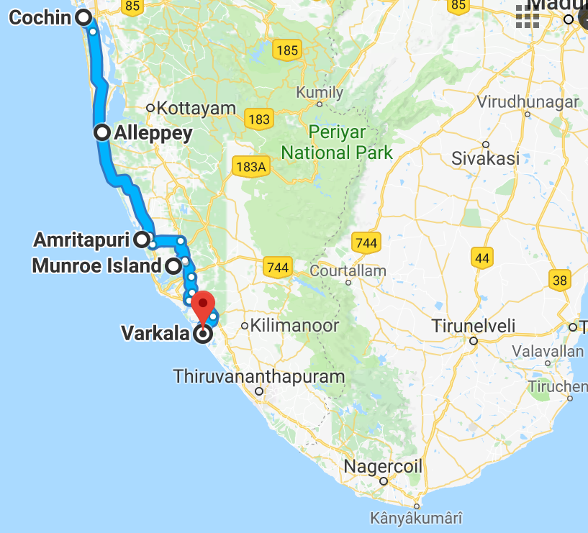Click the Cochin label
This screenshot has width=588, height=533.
tap(40, 17)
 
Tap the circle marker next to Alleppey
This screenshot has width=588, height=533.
tap(102, 132)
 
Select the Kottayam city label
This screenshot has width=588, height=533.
tap(196, 109)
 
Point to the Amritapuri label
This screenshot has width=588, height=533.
tap(84, 239)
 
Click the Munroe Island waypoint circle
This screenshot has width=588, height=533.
tap(173, 266)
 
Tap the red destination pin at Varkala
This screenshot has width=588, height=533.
tap(205, 306)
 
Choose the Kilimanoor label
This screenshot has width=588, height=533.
tap(294, 325)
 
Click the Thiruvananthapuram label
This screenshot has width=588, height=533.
tap(259, 376)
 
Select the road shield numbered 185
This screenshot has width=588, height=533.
tap(286, 50)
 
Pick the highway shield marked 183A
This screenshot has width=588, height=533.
tap(250, 167)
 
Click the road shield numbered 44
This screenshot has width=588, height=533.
tap(481, 257)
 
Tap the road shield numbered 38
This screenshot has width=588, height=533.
tap(559, 278)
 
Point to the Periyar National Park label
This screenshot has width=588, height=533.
tap(337, 142)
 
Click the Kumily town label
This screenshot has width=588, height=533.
tap(320, 93)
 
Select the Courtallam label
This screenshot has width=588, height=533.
tap(348, 271)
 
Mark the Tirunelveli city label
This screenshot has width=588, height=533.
tap(474, 326)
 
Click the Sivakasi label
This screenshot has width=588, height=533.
tap(485, 158)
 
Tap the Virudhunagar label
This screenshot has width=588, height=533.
tap(528, 102)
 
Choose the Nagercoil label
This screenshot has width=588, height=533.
tap(382, 466)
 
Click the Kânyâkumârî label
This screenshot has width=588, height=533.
tap(416, 517)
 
